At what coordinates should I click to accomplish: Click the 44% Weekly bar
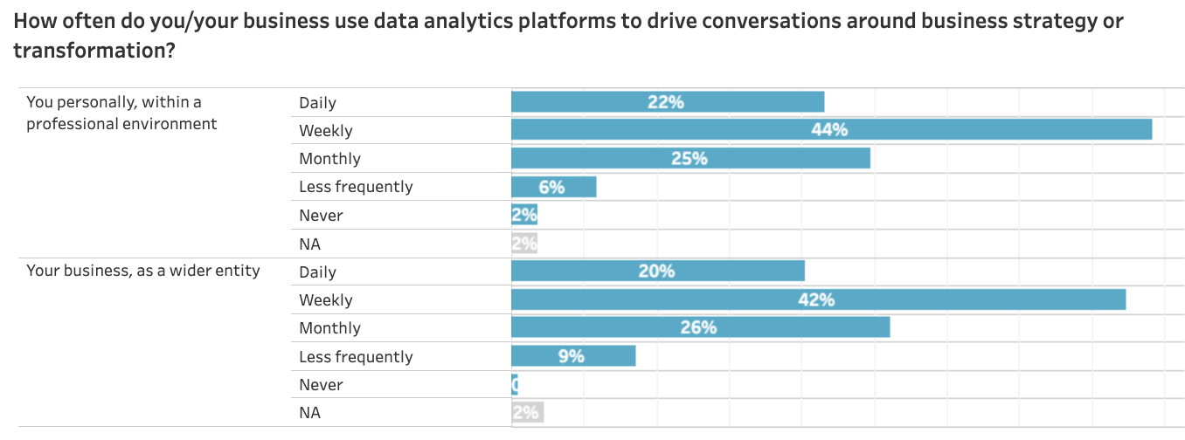[831, 129]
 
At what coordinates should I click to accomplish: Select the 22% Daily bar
[668, 101]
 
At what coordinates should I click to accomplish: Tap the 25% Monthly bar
[690, 158]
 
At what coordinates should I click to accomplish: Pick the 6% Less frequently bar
[553, 187]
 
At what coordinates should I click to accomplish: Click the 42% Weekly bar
[818, 299]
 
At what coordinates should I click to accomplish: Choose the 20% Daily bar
[657, 271]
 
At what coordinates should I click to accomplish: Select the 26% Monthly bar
[700, 327]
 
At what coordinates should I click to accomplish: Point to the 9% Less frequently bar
[573, 356]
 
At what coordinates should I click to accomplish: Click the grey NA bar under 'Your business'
[527, 412]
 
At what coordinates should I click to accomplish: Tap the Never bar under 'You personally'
[524, 215]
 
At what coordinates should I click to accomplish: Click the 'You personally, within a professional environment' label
[121, 113]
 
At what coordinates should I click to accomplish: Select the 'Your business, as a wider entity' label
[143, 271]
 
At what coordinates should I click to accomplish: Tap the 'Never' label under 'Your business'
[321, 384]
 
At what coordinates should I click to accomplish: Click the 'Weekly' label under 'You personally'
[325, 130]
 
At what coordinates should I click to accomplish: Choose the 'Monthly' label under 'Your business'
[329, 328]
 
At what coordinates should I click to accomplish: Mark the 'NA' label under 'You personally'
[309, 244]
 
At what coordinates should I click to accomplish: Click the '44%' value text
[830, 129]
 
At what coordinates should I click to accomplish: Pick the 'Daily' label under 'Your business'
[317, 272]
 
